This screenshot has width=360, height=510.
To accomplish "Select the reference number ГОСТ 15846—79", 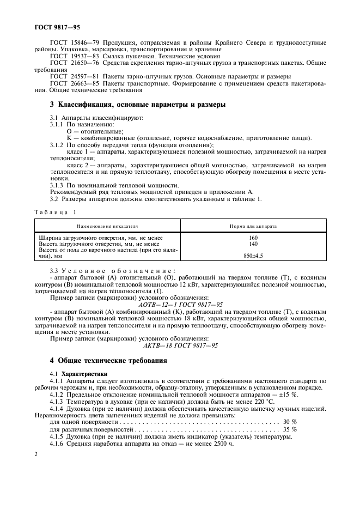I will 70,42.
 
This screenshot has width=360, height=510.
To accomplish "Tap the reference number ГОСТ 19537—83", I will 70,56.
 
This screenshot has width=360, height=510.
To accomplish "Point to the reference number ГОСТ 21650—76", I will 70,63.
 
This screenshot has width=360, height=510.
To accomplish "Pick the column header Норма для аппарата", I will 253,225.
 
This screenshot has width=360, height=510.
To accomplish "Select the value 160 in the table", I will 253,238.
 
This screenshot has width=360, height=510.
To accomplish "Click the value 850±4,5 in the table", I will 253,255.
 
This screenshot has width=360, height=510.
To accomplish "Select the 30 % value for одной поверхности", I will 289,422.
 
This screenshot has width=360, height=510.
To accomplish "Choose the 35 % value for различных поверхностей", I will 289,429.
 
